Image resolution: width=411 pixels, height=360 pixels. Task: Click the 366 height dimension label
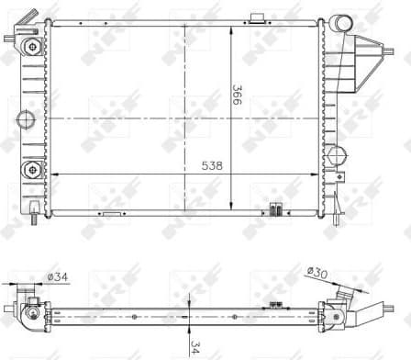tap(236, 97)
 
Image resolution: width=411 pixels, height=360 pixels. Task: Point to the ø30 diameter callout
tap(318, 273)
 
